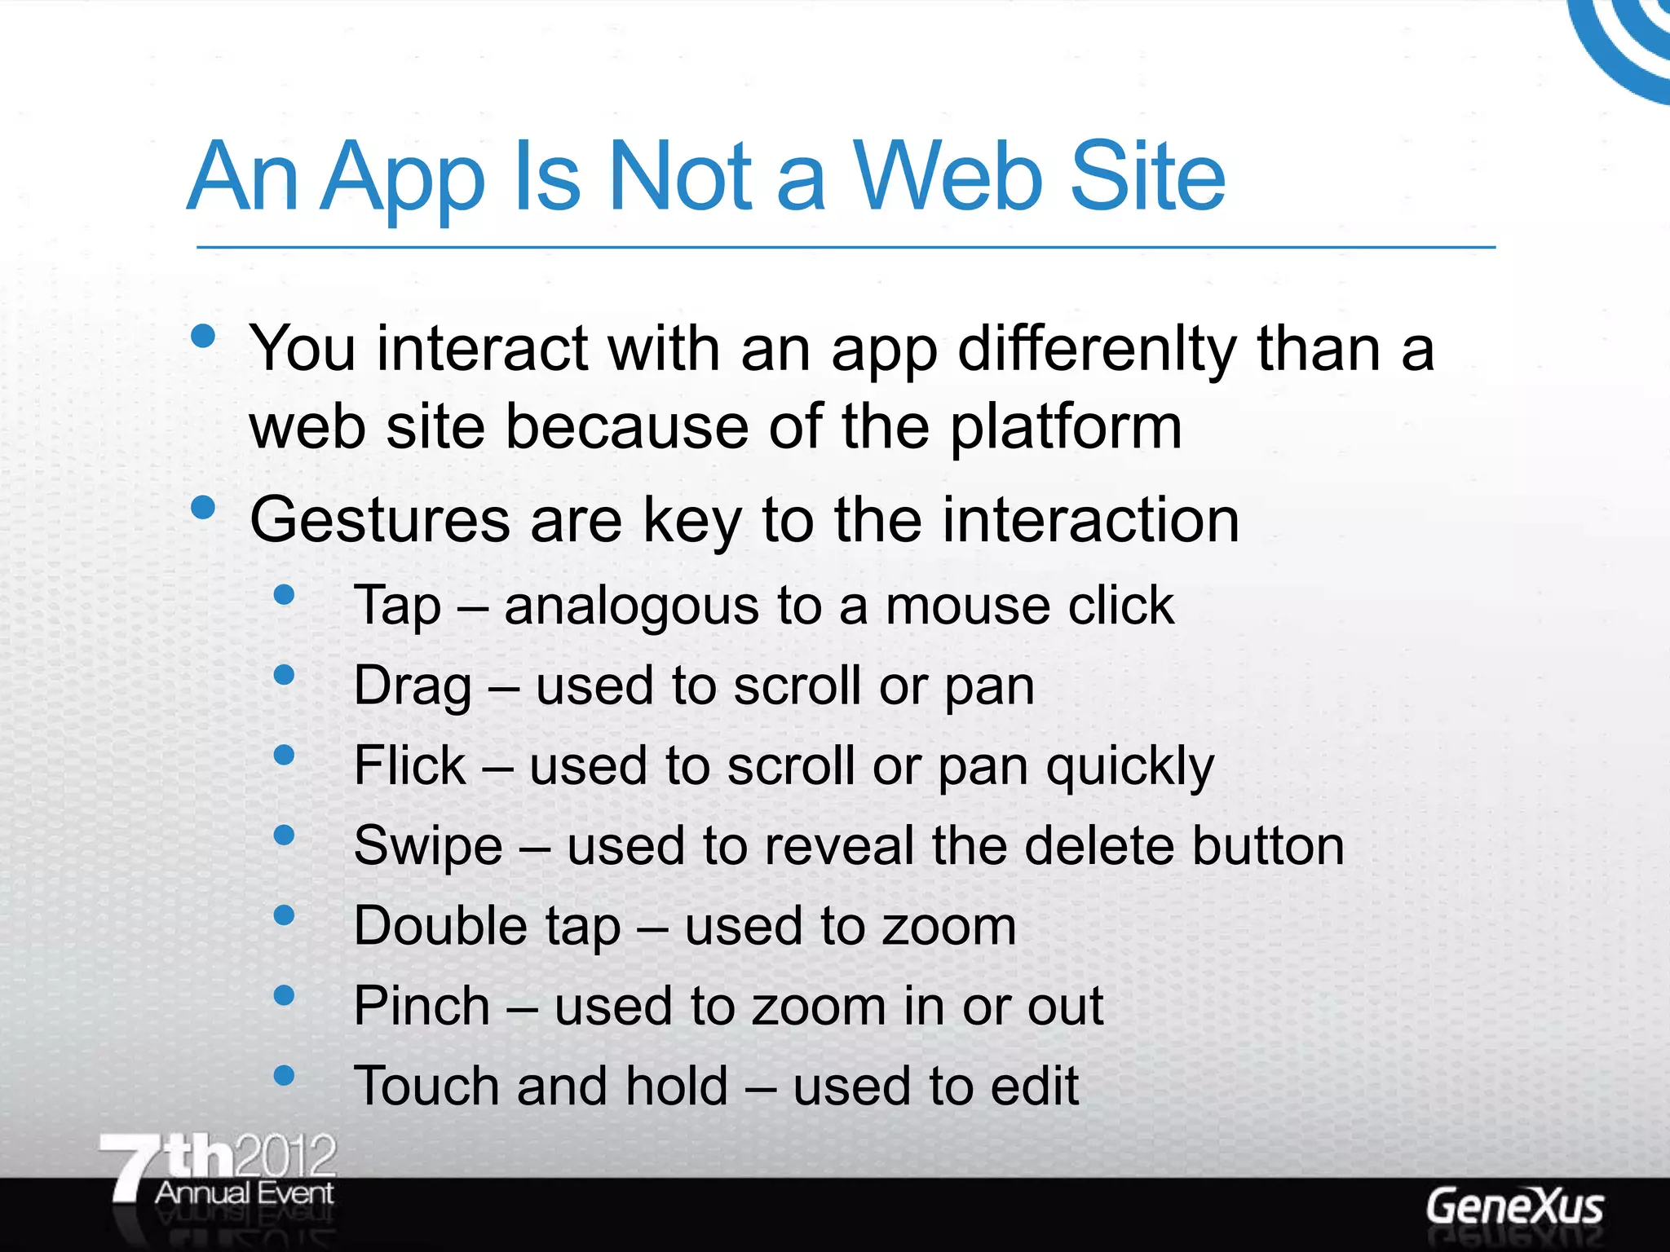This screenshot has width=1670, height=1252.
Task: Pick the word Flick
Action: click(x=409, y=766)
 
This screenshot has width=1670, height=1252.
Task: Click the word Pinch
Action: click(x=421, y=1006)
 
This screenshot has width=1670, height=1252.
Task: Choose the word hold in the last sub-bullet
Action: click(x=677, y=1086)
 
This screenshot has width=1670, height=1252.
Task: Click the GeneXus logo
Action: click(x=1513, y=1207)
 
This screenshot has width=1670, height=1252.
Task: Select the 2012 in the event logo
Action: click(x=284, y=1156)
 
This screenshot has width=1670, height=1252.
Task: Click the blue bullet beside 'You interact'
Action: click(x=202, y=336)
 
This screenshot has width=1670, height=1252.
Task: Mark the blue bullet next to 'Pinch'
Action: click(x=284, y=994)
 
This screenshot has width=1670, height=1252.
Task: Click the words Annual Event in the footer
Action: click(x=244, y=1193)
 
